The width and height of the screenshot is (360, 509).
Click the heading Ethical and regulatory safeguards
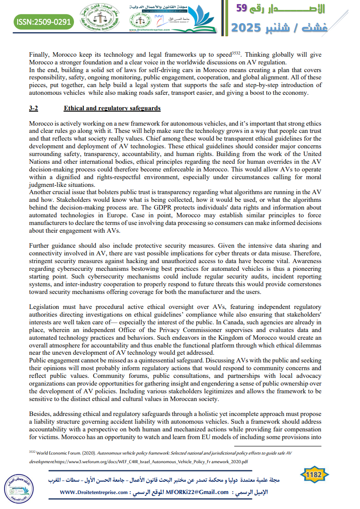(112, 108)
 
